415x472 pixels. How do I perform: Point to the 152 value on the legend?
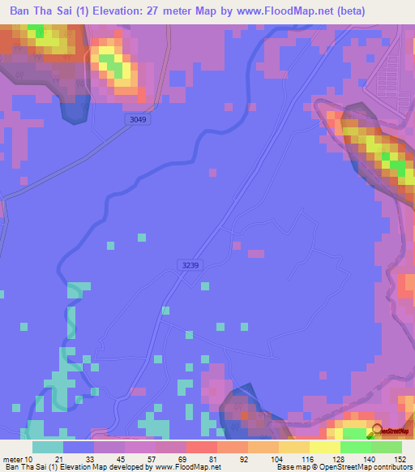(x=400, y=459)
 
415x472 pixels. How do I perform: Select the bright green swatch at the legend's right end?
(x=386, y=447)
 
